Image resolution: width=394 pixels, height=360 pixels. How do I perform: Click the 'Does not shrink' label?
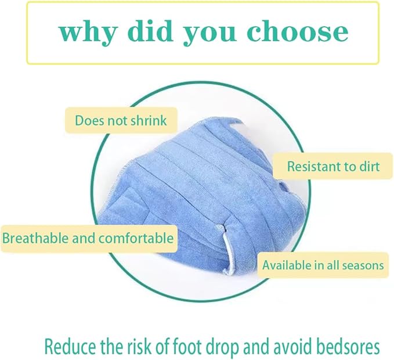coord(121,121)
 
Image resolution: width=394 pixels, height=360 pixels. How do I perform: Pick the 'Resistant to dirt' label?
coord(334,167)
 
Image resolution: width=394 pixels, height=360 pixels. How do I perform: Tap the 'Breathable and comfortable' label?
coord(88,238)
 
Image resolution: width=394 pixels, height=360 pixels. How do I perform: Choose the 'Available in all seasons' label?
coord(323,265)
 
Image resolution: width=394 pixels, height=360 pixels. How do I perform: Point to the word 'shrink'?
coord(147,121)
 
